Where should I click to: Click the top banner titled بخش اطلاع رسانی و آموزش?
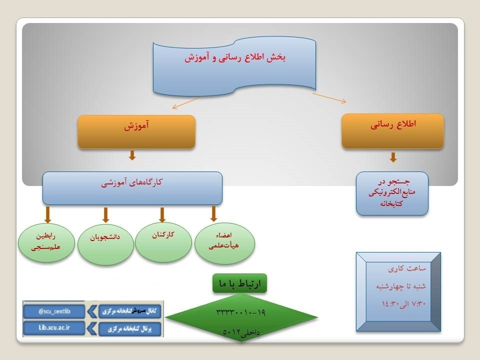coord(234,66)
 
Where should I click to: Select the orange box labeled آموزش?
coord(136,132)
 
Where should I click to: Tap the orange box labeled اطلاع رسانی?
coord(393,131)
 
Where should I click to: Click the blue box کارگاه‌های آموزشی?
coord(132,188)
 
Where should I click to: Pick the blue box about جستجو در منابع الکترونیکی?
coord(392,193)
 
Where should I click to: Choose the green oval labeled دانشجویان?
coord(105,244)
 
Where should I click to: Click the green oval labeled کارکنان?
coord(163,242)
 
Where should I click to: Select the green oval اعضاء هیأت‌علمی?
coord(224,243)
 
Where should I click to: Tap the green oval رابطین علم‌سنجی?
coord(46,242)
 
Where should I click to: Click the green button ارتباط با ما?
coord(239,283)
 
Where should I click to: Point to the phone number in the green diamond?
coord(241,312)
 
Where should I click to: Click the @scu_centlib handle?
coord(54,311)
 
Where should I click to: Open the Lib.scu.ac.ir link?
coord(54,328)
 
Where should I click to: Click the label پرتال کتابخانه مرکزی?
coord(130,329)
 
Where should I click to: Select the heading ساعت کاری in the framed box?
coord(407,268)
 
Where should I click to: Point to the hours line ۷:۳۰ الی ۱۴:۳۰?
coord(403,303)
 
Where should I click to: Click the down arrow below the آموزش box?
coord(132,155)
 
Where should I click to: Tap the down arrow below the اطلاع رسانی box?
coord(393,157)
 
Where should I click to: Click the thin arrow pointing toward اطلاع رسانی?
coord(329,98)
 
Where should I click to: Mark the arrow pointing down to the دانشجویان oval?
coord(105,215)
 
